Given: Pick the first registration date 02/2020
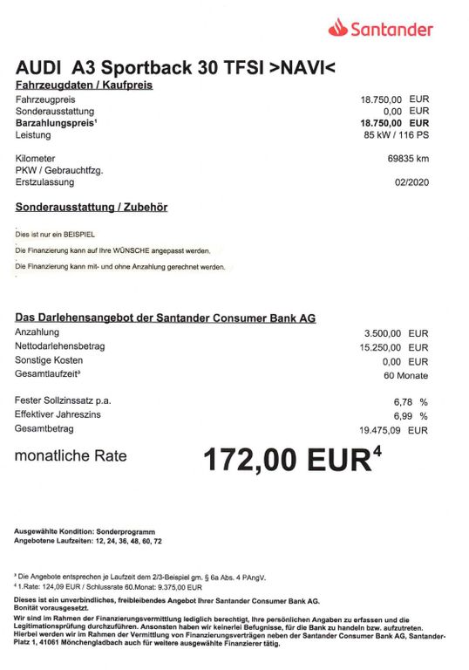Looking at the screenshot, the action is pyautogui.click(x=411, y=182).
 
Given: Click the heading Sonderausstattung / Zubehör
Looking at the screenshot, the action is pyautogui.click(x=92, y=208).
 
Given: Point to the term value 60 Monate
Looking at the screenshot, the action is pyautogui.click(x=405, y=375).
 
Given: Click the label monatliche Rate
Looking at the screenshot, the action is pyautogui.click(x=71, y=455).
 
